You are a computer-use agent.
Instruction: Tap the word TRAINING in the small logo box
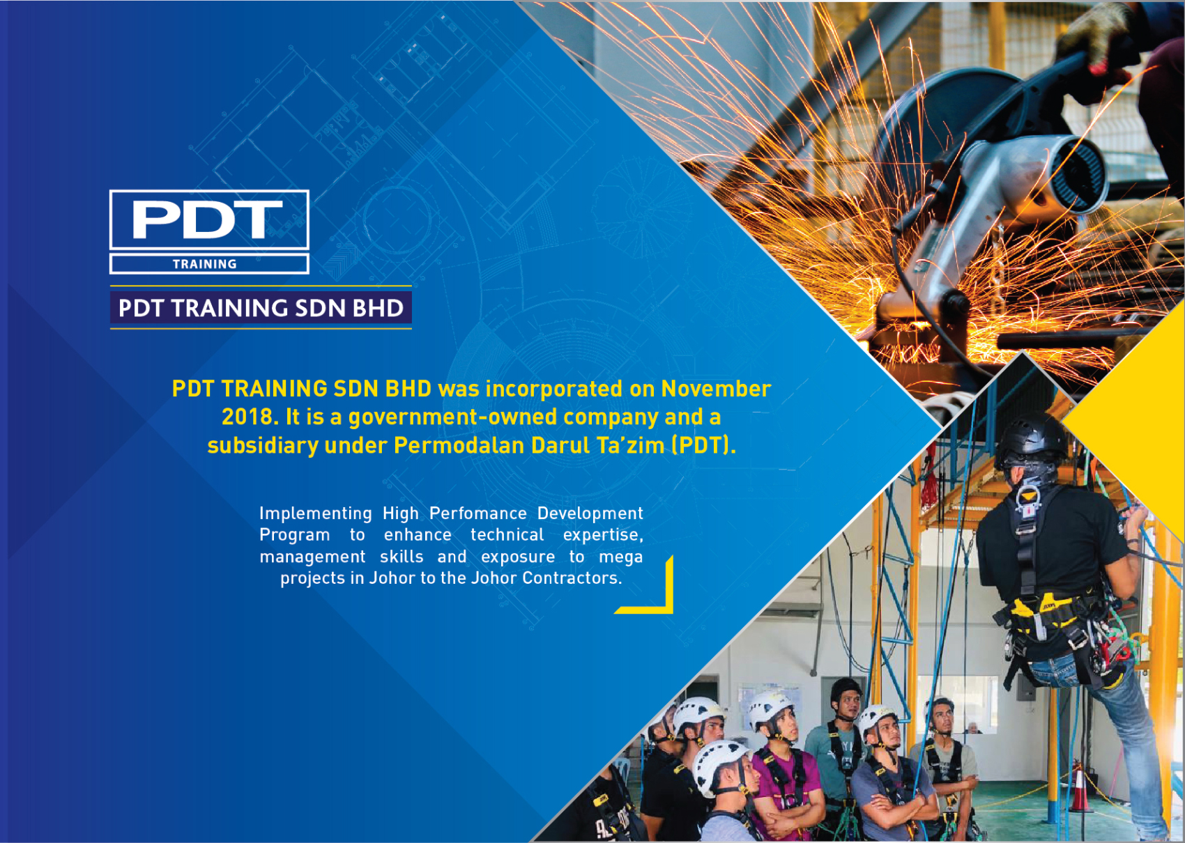[x=205, y=264]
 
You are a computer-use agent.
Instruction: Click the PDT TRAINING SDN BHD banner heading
[x=261, y=308]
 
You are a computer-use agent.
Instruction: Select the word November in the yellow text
[x=716, y=389]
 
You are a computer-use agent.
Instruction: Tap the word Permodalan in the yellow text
[x=460, y=445]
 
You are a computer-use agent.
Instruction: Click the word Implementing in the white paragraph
[x=315, y=513]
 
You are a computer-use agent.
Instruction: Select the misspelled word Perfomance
[x=477, y=513]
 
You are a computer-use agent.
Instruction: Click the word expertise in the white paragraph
[x=603, y=535]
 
